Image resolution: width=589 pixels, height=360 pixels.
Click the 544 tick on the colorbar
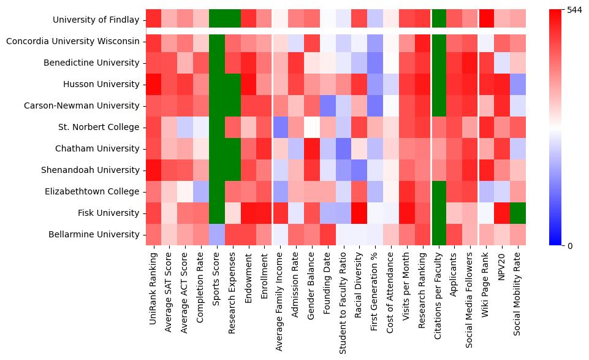pos(575,10)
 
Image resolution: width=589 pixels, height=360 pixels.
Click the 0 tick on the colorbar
pos(570,245)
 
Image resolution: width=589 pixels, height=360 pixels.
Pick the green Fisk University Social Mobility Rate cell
pos(518,213)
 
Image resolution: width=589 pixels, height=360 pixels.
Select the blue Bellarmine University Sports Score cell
pos(216,234)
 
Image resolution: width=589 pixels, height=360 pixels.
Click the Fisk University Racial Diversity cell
pos(360,213)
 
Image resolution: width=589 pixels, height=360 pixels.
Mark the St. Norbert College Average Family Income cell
pos(280,127)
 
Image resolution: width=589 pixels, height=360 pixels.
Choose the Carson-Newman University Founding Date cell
pos(328,105)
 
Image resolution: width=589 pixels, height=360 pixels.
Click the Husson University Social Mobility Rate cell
pos(518,84)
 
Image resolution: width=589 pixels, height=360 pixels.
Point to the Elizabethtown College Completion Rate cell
pos(200,191)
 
